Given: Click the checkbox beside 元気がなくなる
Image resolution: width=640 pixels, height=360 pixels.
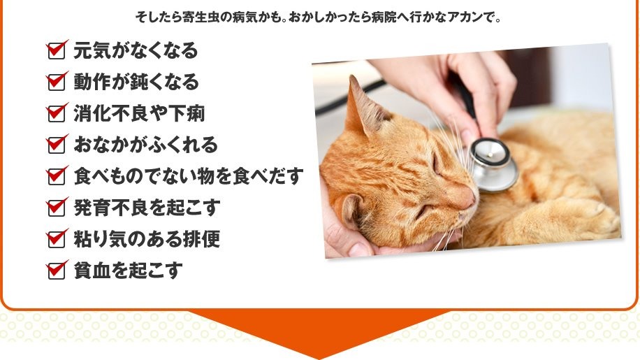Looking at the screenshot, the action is (x=57, y=50).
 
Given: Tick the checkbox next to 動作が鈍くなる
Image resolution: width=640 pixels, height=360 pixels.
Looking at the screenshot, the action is (x=57, y=82).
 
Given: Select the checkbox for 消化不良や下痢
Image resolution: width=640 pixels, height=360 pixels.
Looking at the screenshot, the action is (x=57, y=113).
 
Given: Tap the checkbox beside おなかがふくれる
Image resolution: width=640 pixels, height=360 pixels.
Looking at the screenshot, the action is (x=57, y=145).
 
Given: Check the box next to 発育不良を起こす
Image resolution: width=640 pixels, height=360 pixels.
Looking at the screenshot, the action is (x=57, y=208).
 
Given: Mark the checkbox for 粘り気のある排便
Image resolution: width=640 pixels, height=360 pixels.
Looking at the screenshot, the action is (x=57, y=239).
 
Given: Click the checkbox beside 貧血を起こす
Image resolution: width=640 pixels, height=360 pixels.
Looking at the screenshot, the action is (x=57, y=271).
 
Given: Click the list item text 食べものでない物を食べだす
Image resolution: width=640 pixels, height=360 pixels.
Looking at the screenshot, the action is (x=189, y=176).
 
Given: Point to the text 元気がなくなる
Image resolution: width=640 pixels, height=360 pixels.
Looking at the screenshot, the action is (x=136, y=50).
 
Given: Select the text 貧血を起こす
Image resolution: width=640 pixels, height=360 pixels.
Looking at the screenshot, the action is (x=128, y=271).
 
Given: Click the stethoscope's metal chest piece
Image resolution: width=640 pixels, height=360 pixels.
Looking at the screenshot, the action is (x=493, y=164).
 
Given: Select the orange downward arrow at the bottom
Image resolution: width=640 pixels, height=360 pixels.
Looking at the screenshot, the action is (x=319, y=331).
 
